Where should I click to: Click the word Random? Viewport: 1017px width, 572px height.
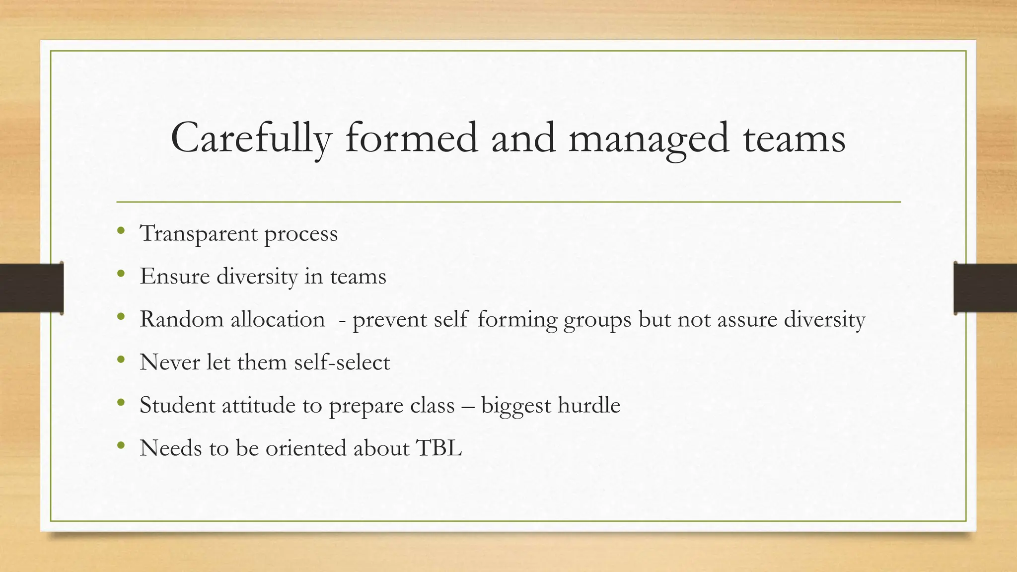(181, 319)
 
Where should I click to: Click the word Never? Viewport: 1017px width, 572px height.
(169, 362)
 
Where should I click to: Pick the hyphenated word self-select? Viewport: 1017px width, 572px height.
(342, 362)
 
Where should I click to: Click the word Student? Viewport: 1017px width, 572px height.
(176, 405)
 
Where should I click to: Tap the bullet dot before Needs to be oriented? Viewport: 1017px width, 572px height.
(121, 445)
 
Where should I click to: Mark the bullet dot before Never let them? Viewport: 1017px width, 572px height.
(121, 359)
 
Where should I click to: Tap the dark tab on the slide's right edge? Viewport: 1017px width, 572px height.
(985, 288)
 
